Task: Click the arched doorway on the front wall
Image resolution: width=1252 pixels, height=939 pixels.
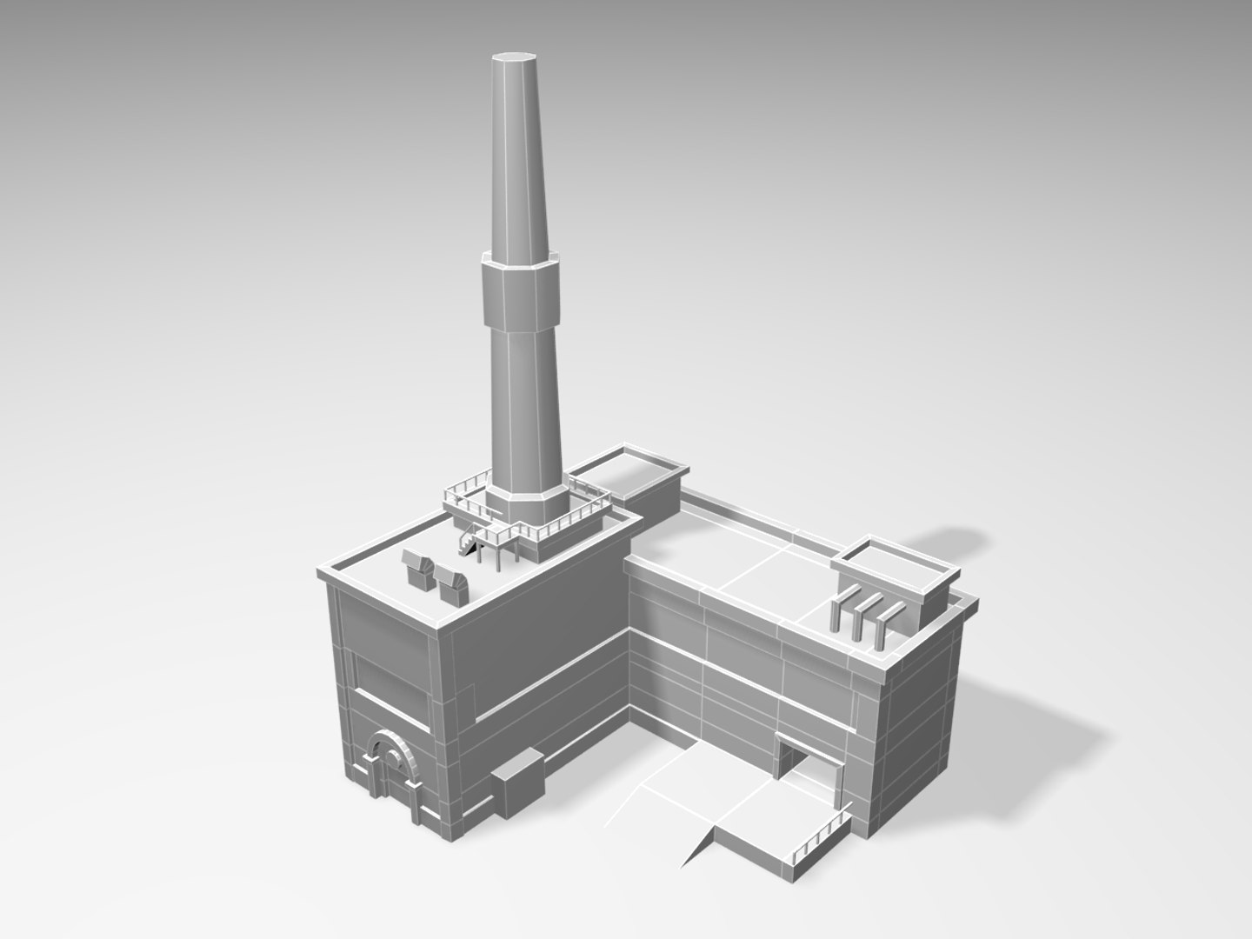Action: [388, 765]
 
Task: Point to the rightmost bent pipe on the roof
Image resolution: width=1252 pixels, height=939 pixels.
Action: [884, 628]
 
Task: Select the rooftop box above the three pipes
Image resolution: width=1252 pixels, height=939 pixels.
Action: [896, 574]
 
